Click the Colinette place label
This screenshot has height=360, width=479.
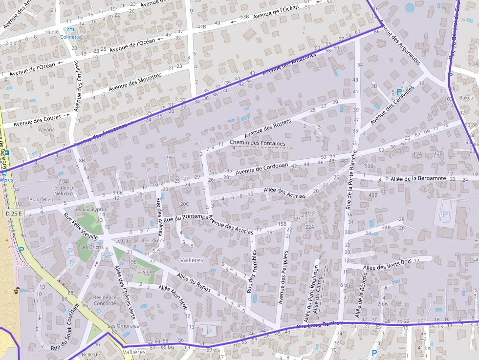coord(71,37)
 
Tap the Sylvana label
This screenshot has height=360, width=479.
coord(46,130)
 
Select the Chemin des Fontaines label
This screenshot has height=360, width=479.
coord(257,143)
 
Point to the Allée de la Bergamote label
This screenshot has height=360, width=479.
coord(418,179)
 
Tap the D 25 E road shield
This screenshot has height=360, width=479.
coord(14,213)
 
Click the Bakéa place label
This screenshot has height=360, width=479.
coord(466,98)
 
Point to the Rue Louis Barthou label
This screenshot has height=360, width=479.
coord(320,324)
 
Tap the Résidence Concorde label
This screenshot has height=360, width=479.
coord(105,300)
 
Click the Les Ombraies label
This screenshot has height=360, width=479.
coord(123,326)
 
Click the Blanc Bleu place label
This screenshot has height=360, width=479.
coord(42,199)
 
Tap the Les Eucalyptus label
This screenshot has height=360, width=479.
coord(90,209)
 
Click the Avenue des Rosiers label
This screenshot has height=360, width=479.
coord(267,127)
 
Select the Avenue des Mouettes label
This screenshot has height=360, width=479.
coord(135,82)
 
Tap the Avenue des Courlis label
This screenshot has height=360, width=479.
coord(37,120)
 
